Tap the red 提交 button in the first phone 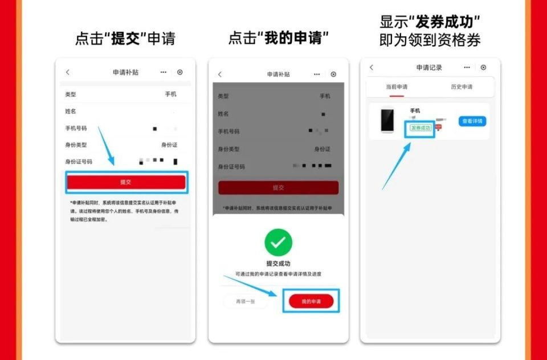126,182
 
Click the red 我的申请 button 311,301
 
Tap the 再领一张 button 245,301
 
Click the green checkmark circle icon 278,243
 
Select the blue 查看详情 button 472,121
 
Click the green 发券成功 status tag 421,128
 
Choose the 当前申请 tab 397,87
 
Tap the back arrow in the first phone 67,72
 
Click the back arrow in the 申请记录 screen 372,67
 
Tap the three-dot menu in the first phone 164,72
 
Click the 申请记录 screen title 429,68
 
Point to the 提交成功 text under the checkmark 278,264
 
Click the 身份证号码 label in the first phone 79,162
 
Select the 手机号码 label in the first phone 76,128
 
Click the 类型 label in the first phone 71,95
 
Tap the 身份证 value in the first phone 169,145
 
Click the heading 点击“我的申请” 279,39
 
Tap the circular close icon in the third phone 483,67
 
